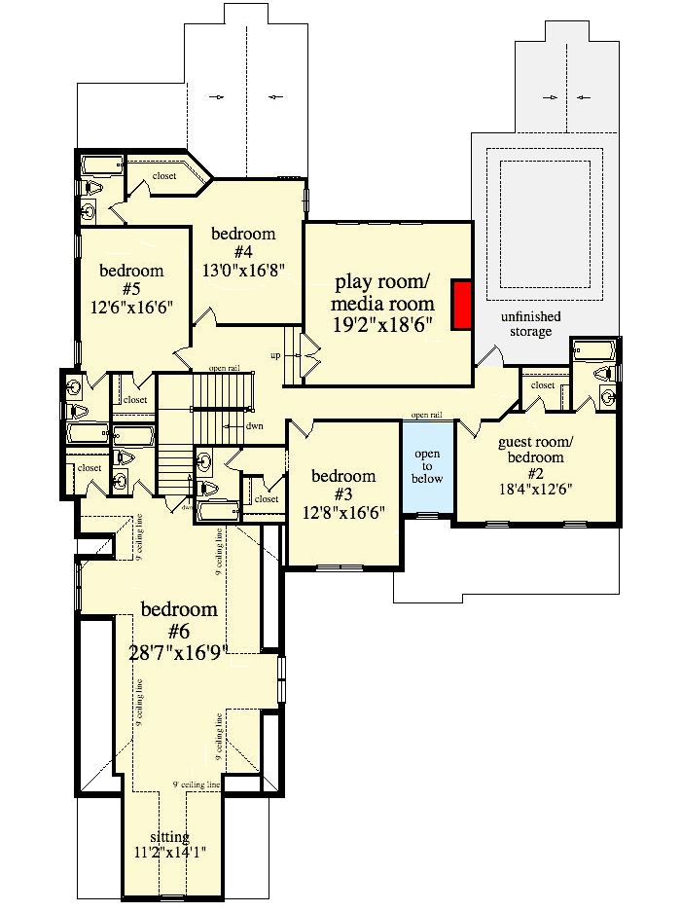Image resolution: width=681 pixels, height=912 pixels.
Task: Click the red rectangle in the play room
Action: click(462, 306)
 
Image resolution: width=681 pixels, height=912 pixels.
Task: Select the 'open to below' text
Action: click(427, 466)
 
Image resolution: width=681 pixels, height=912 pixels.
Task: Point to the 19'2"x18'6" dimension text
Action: click(383, 322)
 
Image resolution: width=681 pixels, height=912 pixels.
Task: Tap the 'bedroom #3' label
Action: click(342, 476)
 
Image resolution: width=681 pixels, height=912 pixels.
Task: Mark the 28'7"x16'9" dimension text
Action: click(179, 652)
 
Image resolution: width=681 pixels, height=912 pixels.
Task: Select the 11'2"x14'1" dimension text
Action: click(170, 853)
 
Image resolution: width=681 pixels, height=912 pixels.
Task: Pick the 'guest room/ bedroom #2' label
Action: click(535, 450)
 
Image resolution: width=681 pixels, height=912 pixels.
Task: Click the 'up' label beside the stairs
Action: click(275, 355)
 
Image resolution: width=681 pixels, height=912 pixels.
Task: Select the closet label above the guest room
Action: click(542, 385)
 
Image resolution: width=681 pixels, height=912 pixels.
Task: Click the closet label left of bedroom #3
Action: click(265, 499)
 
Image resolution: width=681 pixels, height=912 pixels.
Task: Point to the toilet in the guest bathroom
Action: click(605, 371)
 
